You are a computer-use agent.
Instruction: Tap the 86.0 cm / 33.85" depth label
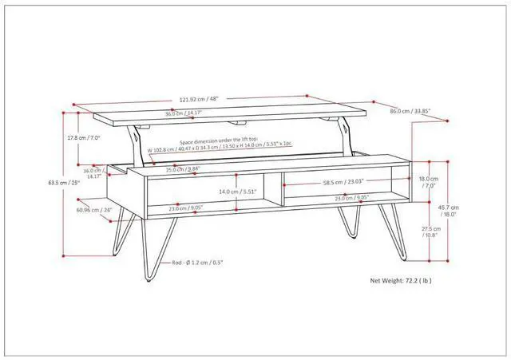point(411,111)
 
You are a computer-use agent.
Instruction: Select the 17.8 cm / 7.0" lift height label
point(83,137)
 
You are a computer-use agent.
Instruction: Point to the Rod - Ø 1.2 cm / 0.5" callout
point(197,262)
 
